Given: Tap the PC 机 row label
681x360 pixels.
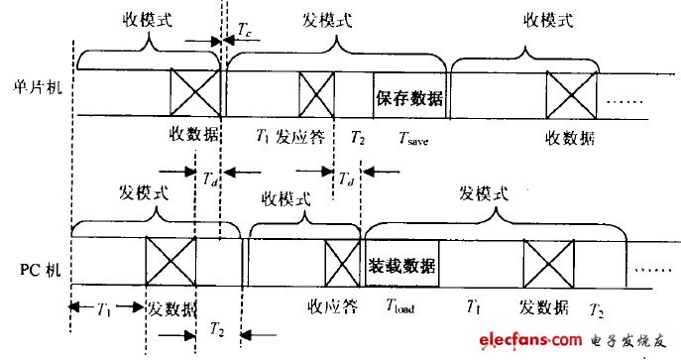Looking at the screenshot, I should click(35, 268).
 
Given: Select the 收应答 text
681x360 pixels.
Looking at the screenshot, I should click(332, 305).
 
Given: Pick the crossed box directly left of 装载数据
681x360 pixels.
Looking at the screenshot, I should click(341, 266).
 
